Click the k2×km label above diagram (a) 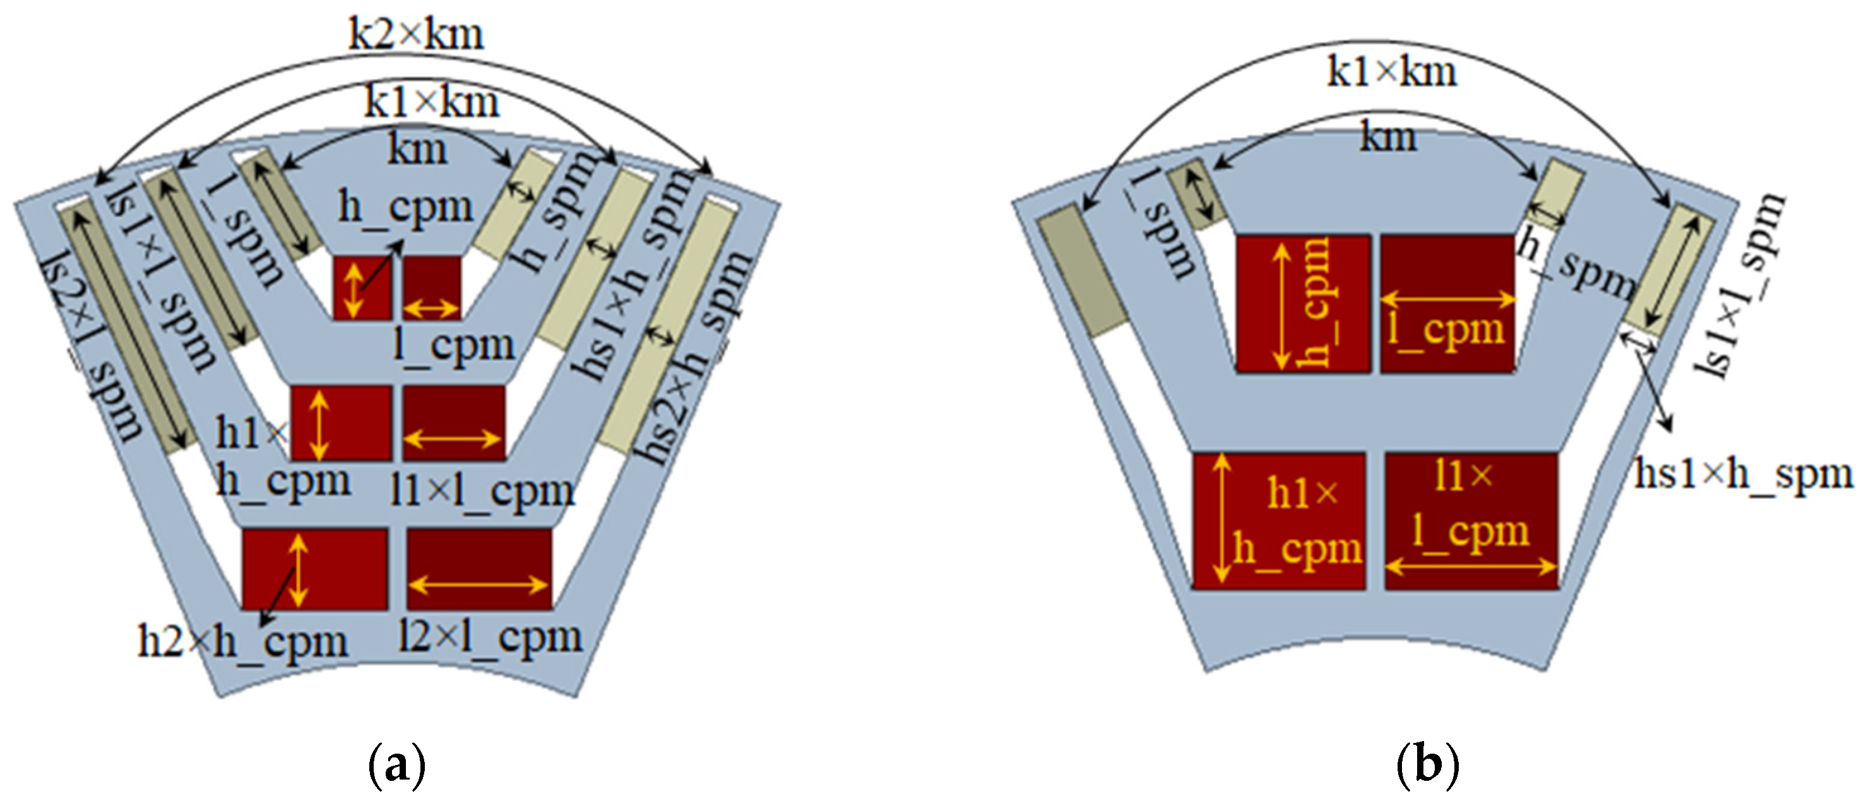pos(415,34)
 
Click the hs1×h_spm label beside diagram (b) pos(1743,474)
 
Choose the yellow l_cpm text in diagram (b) pos(1446,330)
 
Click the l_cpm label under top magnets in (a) pos(453,345)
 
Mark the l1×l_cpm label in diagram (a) pos(482,492)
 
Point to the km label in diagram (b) pos(1388,137)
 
